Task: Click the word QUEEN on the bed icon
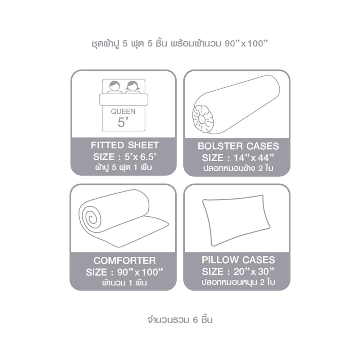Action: click(x=123, y=112)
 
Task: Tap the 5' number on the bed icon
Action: click(x=121, y=122)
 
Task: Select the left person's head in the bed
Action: click(x=114, y=86)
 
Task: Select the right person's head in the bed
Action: click(x=133, y=86)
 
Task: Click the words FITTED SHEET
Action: click(x=125, y=145)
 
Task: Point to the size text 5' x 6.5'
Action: click(x=141, y=157)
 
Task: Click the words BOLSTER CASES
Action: click(x=238, y=146)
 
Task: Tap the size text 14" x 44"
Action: click(x=254, y=158)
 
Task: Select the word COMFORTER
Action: click(x=125, y=261)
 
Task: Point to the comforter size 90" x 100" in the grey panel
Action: click(x=140, y=272)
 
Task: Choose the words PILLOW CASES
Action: click(x=238, y=260)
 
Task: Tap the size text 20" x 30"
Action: click(x=254, y=271)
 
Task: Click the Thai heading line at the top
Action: click(x=180, y=43)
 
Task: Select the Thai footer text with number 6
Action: click(x=180, y=320)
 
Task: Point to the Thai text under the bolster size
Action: click(x=238, y=168)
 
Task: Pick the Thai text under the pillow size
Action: click(x=238, y=282)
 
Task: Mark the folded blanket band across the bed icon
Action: click(x=123, y=100)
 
